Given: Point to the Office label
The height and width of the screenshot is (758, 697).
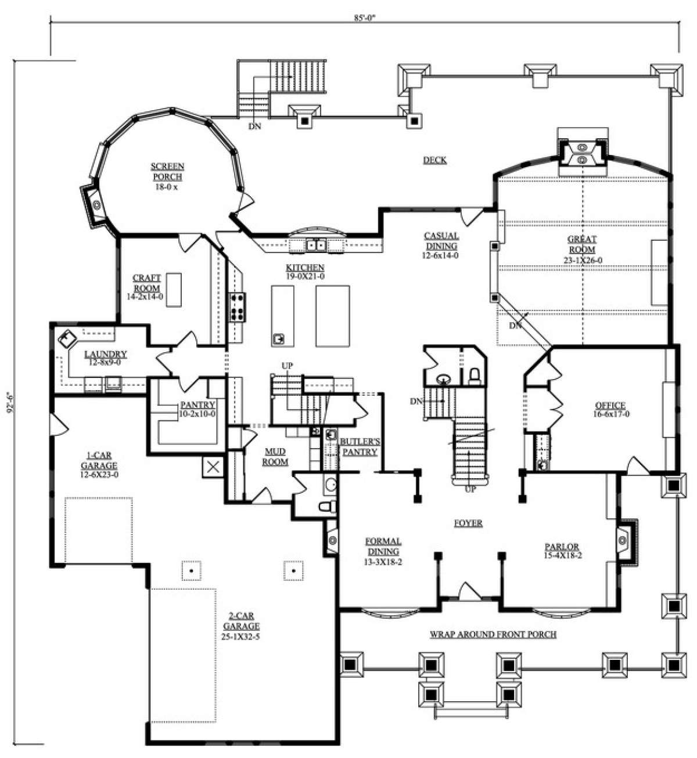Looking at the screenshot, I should coord(610,410).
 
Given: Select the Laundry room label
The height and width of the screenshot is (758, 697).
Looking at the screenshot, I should coord(105,358).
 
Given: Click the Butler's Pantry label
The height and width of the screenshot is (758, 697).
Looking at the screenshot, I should coord(358,446).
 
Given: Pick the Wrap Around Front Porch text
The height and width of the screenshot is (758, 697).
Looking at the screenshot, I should coord(493,634).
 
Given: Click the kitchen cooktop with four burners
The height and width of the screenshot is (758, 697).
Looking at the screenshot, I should coord(238,307).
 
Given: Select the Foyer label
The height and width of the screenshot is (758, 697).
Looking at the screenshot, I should coord(468,523).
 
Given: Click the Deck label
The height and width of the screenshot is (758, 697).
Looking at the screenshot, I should coord(434,160).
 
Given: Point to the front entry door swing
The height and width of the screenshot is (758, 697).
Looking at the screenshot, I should coord(468,593).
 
